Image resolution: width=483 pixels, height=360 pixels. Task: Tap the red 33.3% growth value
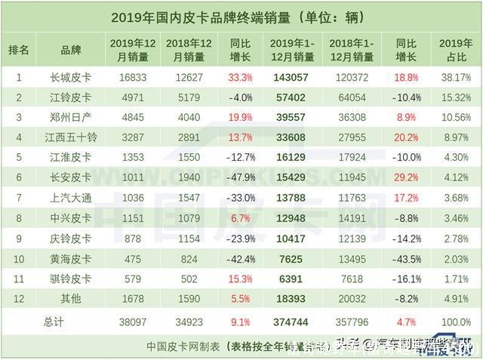(x=240, y=76)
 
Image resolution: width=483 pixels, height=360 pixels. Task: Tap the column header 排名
(x=19, y=50)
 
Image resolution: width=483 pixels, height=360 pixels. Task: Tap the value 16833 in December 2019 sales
(x=127, y=76)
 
